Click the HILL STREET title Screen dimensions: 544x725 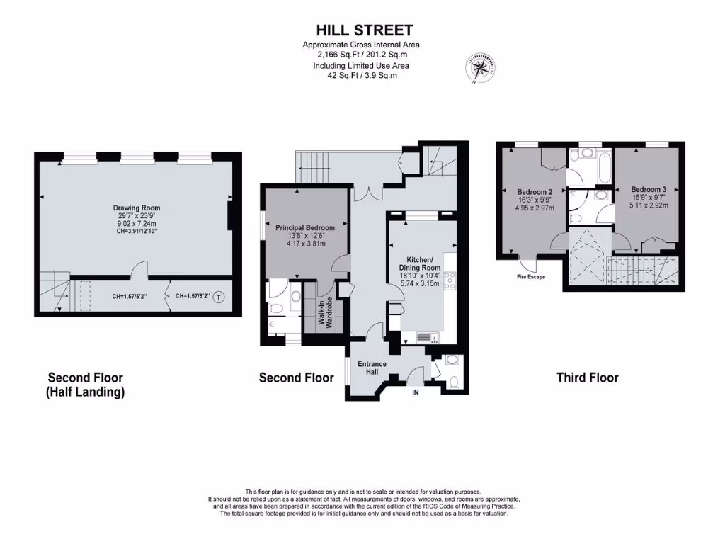(364, 30)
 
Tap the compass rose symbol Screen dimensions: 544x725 (479, 67)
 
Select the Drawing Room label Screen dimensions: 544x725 (137, 208)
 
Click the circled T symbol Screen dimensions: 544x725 (219, 297)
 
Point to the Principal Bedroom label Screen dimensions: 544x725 (305, 228)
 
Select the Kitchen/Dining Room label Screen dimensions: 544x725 (423, 263)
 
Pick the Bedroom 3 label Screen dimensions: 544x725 (649, 189)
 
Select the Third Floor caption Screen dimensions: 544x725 (587, 378)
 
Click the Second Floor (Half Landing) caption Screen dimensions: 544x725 (86, 385)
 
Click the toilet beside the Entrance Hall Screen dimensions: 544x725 (455, 383)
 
